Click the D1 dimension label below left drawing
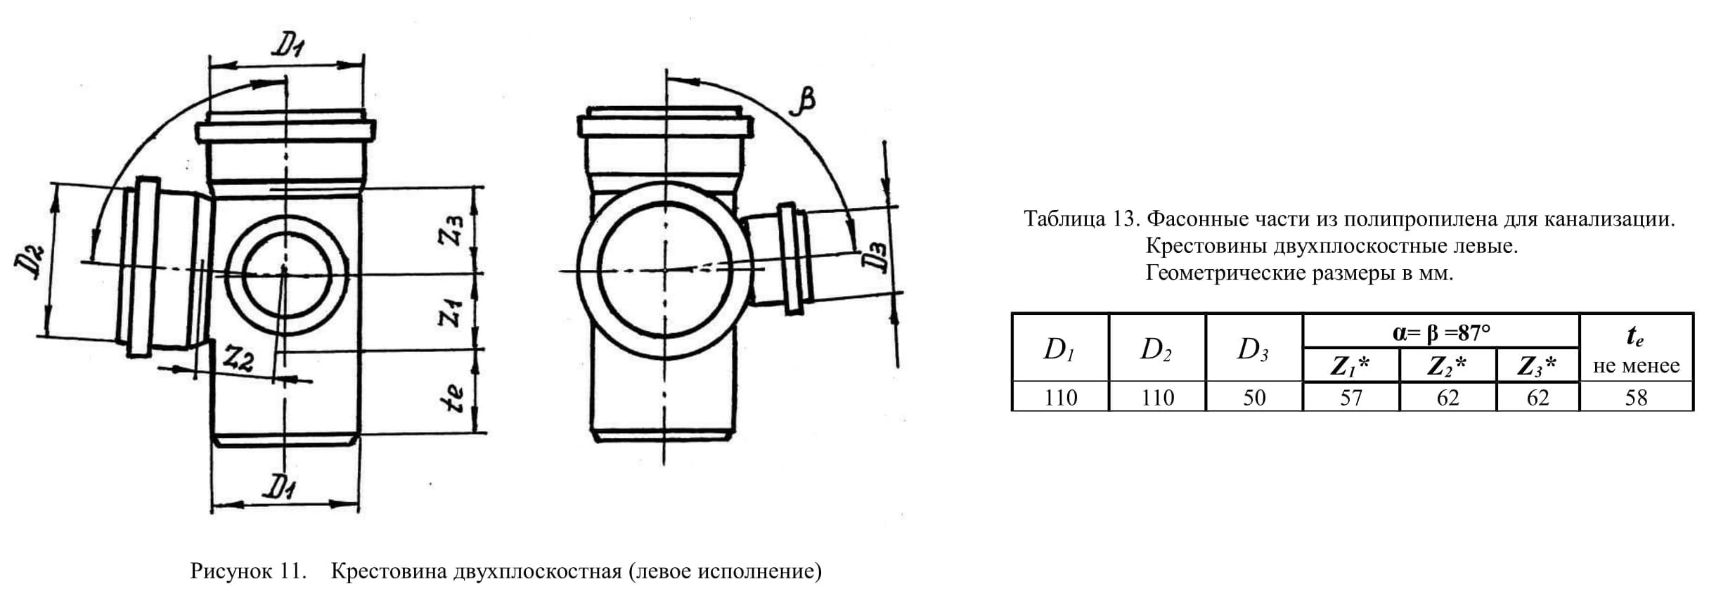click(x=280, y=487)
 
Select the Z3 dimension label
click(x=451, y=231)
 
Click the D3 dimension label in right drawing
click(x=875, y=259)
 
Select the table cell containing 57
click(x=1350, y=398)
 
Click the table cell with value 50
click(x=1254, y=398)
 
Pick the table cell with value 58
click(x=1636, y=398)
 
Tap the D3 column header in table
click(x=1253, y=349)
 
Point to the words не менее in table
click(x=1636, y=365)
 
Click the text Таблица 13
click(x=1081, y=219)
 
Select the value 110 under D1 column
click(x=1060, y=398)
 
